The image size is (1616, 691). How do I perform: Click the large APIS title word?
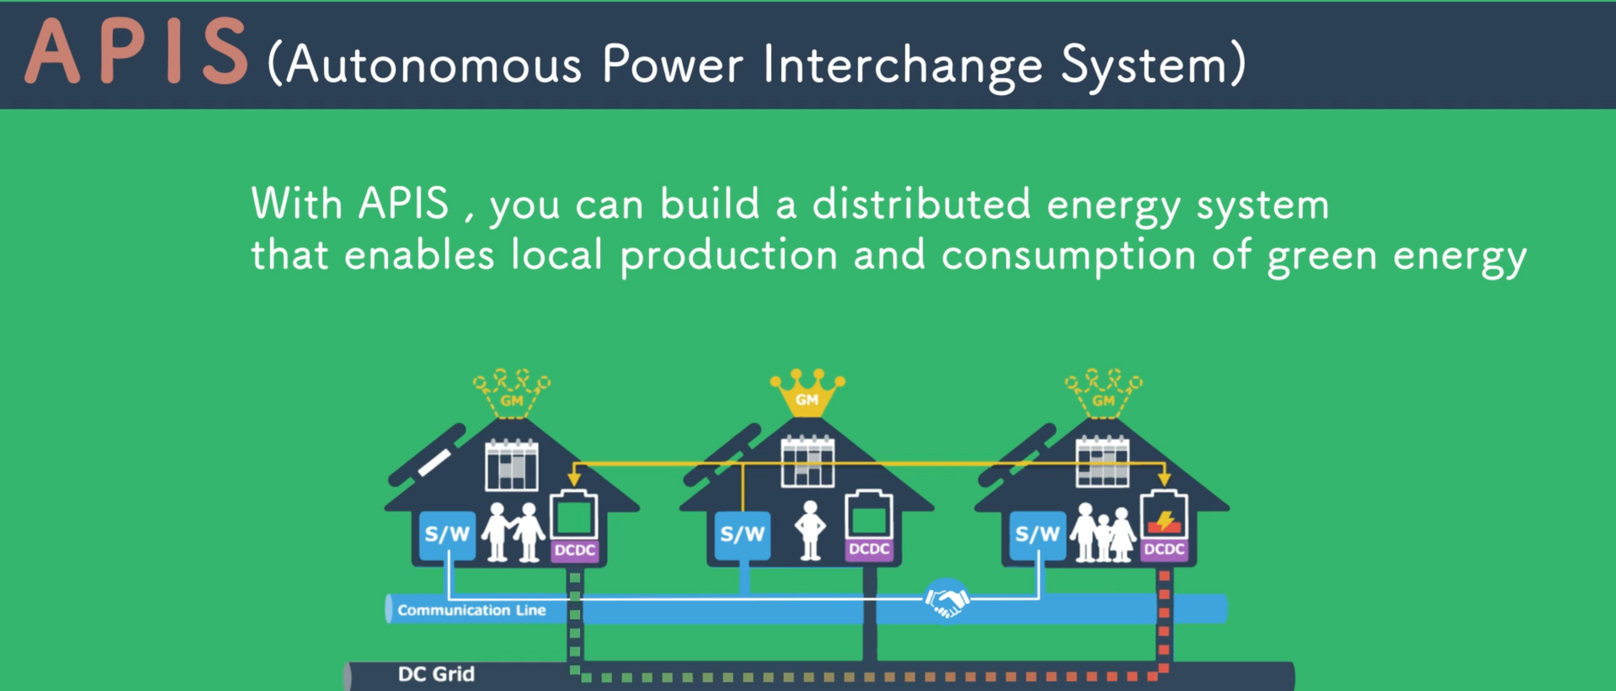click(x=137, y=53)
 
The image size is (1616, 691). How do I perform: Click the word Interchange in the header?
click(x=903, y=66)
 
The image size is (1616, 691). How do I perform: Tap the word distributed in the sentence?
click(x=921, y=204)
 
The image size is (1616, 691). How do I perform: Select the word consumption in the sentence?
click(x=1068, y=257)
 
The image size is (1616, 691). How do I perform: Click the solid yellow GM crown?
click(x=807, y=392)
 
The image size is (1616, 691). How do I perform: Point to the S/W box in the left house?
click(x=447, y=535)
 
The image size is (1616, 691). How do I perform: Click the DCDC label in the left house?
click(x=575, y=550)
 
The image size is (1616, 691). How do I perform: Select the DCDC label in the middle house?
click(x=869, y=550)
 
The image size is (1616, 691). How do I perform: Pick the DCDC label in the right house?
click(x=1165, y=550)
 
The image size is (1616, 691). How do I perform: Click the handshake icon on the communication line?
click(x=947, y=599)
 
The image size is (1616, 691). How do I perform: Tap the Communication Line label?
click(x=471, y=610)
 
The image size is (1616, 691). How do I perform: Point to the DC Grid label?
click(x=436, y=674)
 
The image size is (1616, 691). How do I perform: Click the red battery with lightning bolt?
click(x=1164, y=514)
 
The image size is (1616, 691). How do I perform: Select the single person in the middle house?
click(x=811, y=530)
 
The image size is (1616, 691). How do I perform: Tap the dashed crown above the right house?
click(x=1103, y=392)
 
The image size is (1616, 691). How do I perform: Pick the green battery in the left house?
click(x=574, y=515)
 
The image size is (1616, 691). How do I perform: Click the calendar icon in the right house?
click(x=1103, y=461)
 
